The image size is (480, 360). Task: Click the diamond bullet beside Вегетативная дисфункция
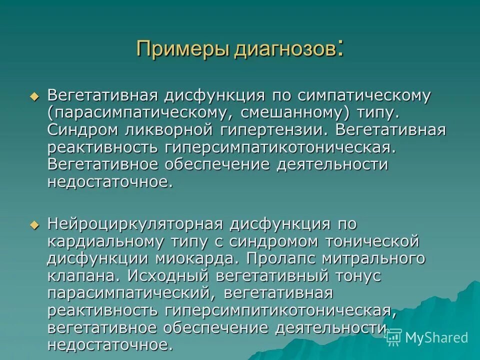tap(34, 96)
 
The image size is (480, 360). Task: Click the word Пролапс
tap(286, 259)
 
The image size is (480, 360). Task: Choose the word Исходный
tap(167, 276)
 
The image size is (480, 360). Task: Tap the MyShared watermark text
tap(435, 337)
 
